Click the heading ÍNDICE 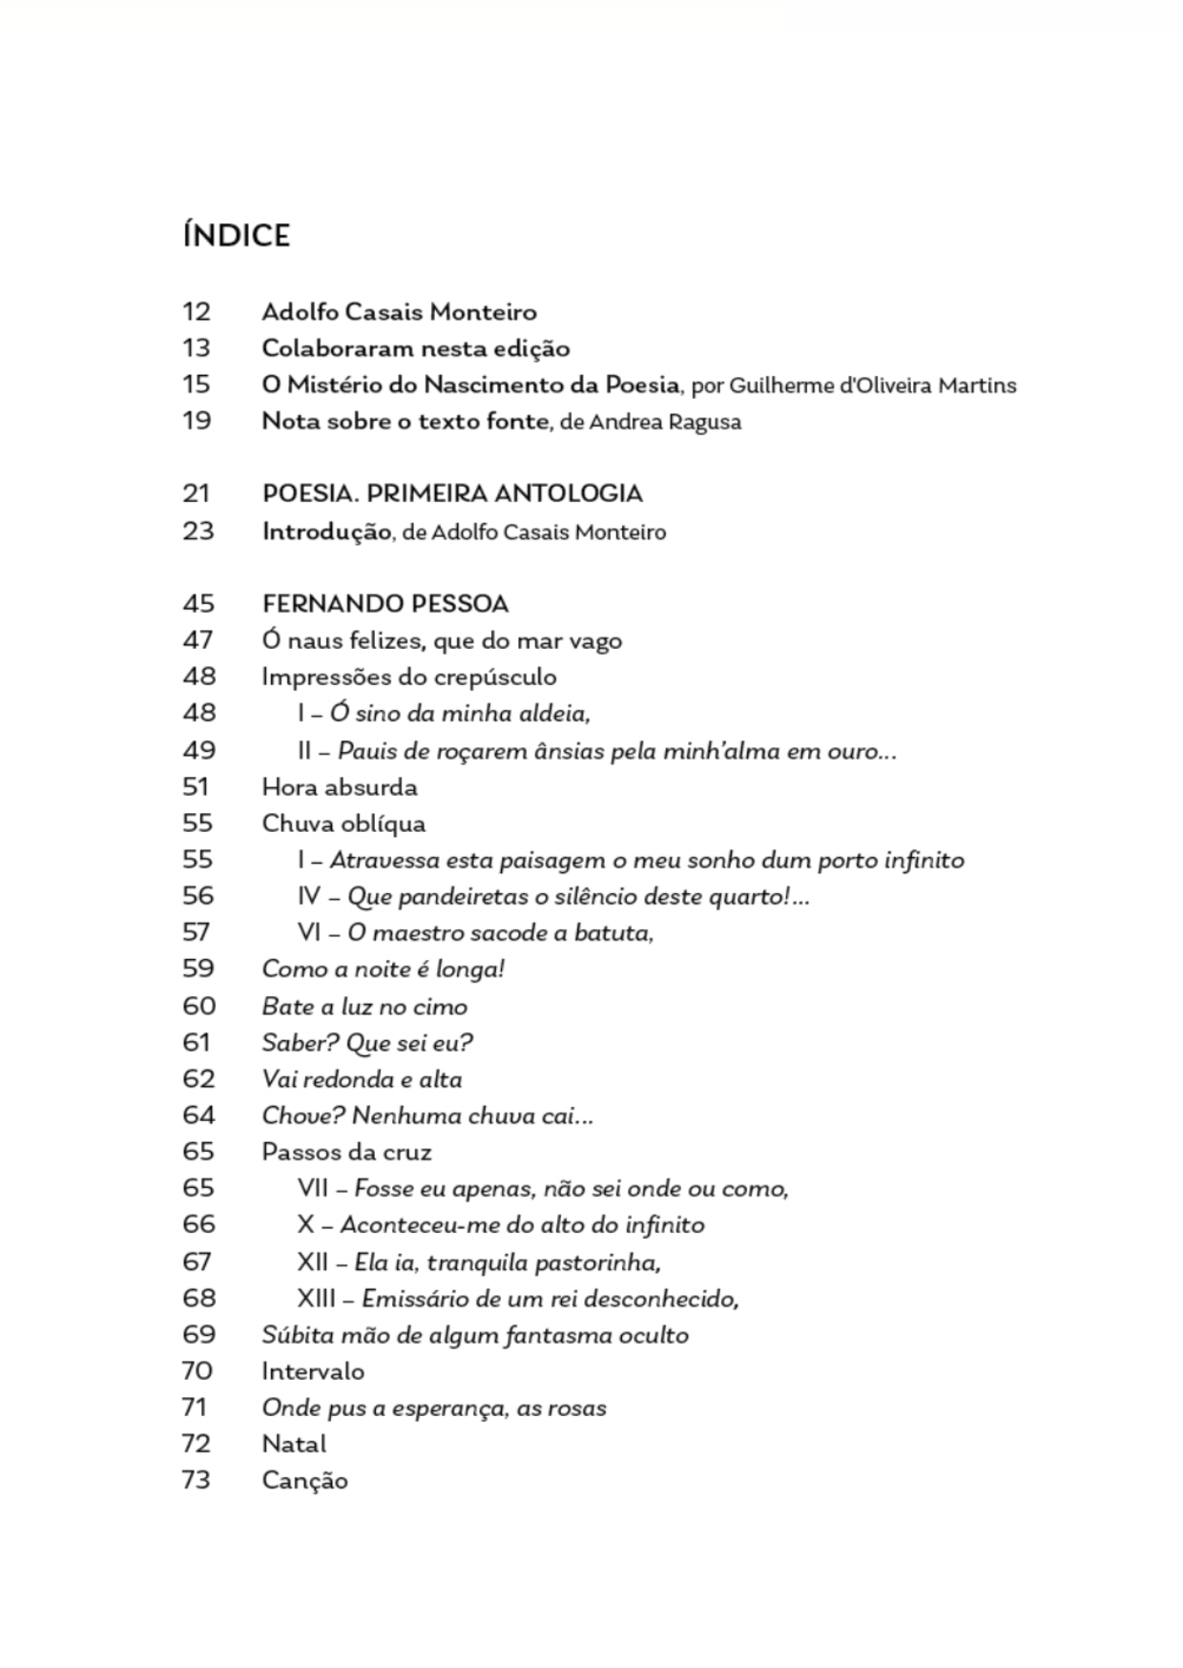tap(236, 236)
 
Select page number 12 tap(197, 312)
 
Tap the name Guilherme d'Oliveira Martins tap(872, 386)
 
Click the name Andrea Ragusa tap(664, 422)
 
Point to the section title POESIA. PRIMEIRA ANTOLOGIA tap(452, 493)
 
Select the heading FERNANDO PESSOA tap(385, 604)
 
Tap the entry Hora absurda tap(340, 787)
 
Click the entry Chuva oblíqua tap(343, 824)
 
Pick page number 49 tap(198, 750)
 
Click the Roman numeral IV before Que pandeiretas tap(309, 897)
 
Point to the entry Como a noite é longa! tap(384, 970)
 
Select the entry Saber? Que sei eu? tap(367, 1043)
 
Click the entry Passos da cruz tap(346, 1152)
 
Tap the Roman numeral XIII tap(316, 1299)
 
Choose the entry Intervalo tap(313, 1371)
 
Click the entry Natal tap(294, 1444)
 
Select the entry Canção tap(304, 1481)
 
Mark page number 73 tap(197, 1480)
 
